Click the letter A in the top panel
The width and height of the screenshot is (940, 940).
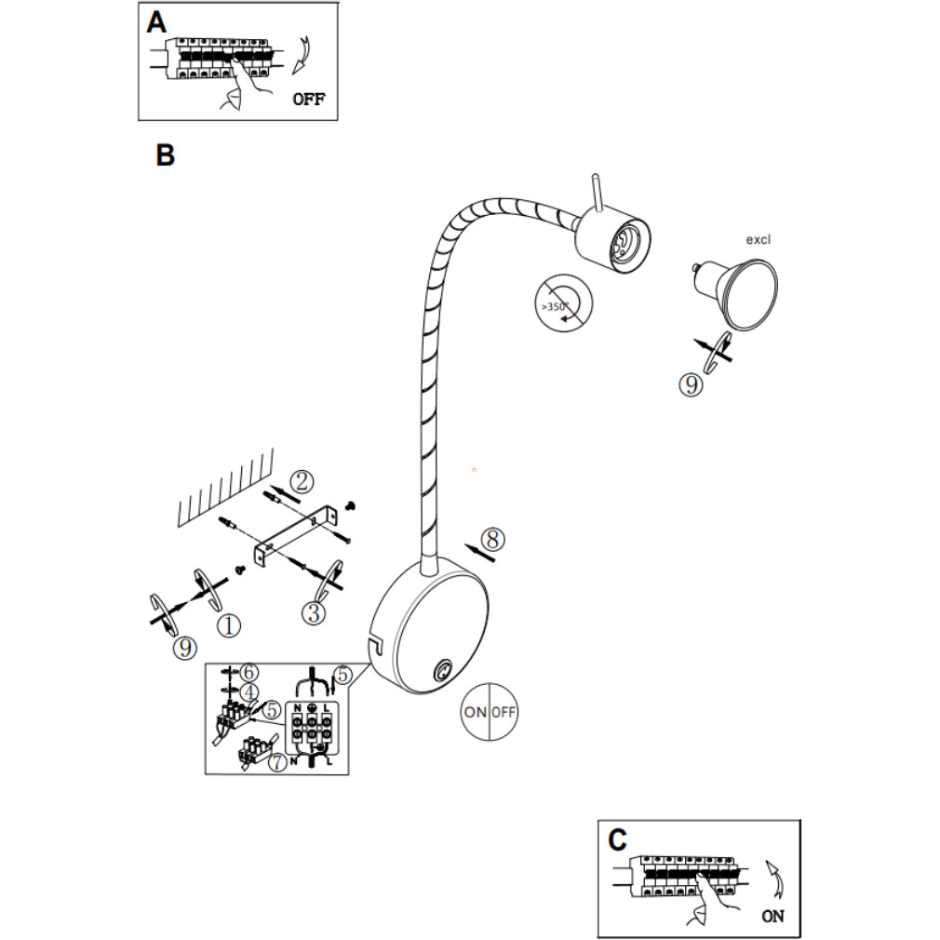(x=156, y=22)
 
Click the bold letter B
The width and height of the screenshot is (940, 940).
(x=166, y=155)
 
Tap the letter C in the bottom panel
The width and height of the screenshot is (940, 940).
(x=617, y=840)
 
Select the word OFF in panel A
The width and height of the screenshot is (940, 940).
(x=309, y=100)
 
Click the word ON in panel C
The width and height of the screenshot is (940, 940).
(x=772, y=916)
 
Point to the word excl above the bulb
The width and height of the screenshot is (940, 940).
(x=759, y=239)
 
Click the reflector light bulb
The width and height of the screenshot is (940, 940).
(x=741, y=292)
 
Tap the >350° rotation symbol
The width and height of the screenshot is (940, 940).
(x=564, y=302)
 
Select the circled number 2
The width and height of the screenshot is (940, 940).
(x=301, y=481)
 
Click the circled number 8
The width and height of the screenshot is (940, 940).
(x=493, y=538)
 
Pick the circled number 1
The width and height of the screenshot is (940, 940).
(x=229, y=625)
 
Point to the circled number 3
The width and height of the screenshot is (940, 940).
(x=314, y=613)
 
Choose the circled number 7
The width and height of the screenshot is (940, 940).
(x=277, y=761)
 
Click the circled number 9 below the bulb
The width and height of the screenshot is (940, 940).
(x=690, y=385)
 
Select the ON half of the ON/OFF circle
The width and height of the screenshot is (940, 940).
(x=475, y=712)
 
